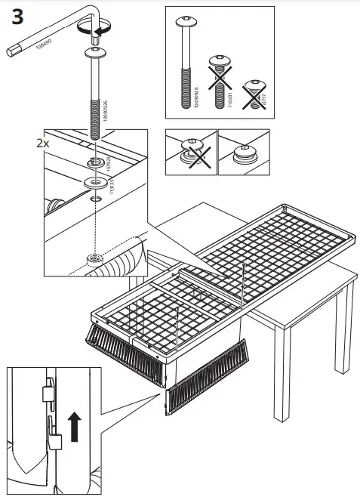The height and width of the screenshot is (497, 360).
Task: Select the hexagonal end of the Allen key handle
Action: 11,51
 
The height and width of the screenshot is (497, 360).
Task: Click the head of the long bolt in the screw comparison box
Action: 186,21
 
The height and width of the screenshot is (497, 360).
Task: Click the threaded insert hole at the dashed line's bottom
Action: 94,259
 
